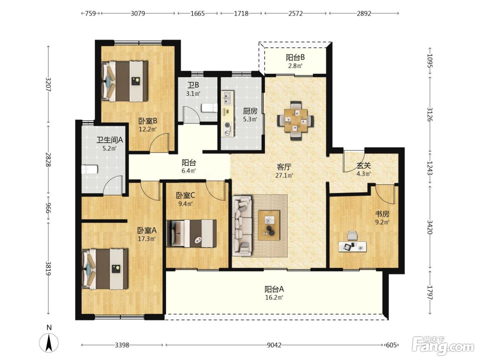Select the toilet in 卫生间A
[x=89, y=169]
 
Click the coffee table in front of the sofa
[x=269, y=225]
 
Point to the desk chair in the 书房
[x=352, y=236]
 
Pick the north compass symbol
[x=49, y=343]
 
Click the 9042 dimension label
[x=274, y=345]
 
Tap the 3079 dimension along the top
[x=138, y=14]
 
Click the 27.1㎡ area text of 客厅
[x=284, y=175]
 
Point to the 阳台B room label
[x=295, y=58]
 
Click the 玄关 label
[x=364, y=166]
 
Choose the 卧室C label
[x=185, y=195]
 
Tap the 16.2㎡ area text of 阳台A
[x=274, y=298]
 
